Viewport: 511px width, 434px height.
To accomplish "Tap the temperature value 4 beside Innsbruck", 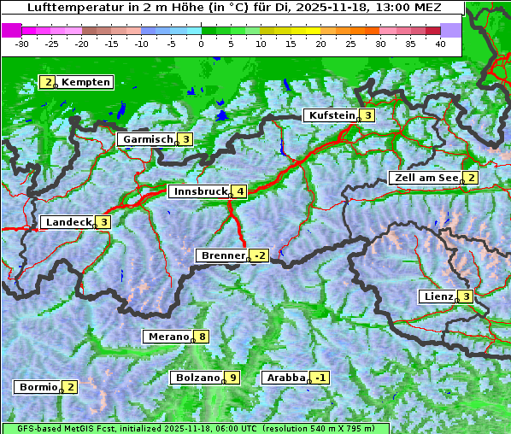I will [241, 191].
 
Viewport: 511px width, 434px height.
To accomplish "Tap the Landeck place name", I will [68, 222].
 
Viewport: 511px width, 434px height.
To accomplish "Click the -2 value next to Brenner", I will [260, 255].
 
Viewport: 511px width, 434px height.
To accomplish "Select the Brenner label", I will [222, 255].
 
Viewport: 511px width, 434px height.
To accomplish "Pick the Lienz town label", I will [437, 296].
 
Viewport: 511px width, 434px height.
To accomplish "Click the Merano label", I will [167, 337].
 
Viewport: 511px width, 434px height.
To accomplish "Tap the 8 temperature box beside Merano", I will [202, 337].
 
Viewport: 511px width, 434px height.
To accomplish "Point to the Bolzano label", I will [197, 378].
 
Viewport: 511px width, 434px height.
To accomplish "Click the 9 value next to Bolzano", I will [232, 378].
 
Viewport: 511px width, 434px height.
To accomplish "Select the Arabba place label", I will [285, 378].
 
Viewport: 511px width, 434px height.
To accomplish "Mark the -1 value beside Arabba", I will [320, 378].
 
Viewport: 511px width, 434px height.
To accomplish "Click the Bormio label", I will [38, 387].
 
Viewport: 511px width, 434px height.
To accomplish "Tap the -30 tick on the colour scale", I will [22, 44].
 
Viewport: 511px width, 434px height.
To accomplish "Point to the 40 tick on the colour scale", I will [440, 44].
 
